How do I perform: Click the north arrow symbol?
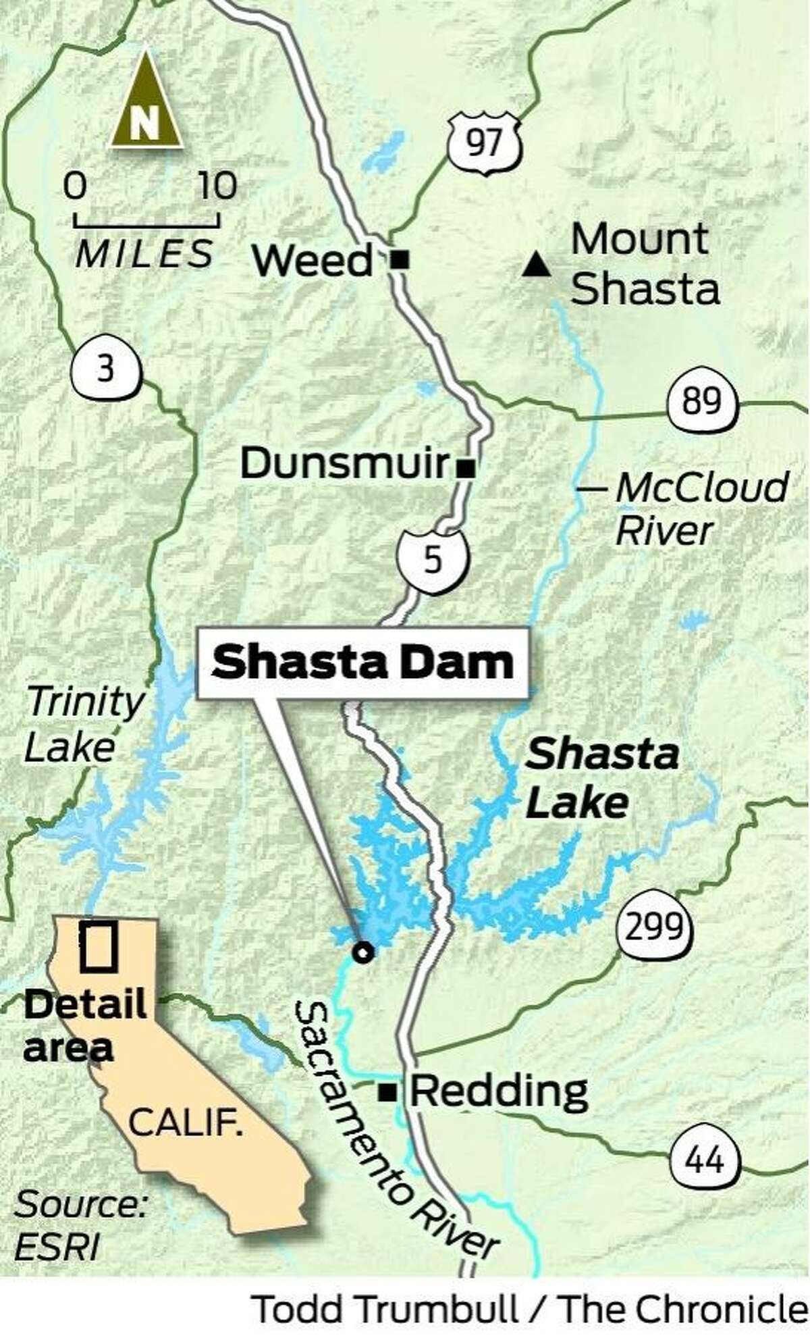[146, 101]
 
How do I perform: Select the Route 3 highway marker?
[106, 370]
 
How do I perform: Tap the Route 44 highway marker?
[707, 1160]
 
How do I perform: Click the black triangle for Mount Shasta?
[536, 264]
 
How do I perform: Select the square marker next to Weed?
[400, 259]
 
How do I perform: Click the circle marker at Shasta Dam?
[363, 952]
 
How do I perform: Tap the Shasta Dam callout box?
[362, 663]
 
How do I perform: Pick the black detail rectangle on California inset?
[99, 947]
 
